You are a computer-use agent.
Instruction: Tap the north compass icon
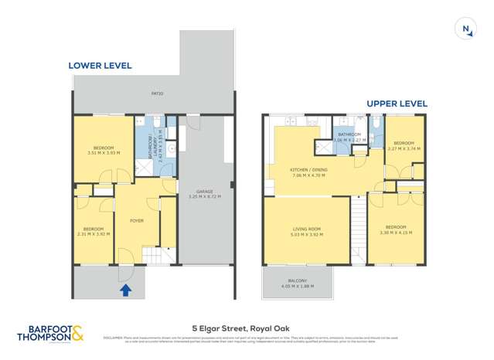tap(467, 29)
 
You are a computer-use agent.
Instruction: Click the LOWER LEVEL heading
tap(100, 66)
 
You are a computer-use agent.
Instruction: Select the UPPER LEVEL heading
tap(397, 104)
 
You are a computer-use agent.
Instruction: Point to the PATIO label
tap(157, 96)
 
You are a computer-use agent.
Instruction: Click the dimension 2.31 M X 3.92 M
tap(94, 234)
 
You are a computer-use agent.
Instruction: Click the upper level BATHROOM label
tap(350, 134)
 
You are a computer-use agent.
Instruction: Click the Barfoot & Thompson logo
tap(50, 333)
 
